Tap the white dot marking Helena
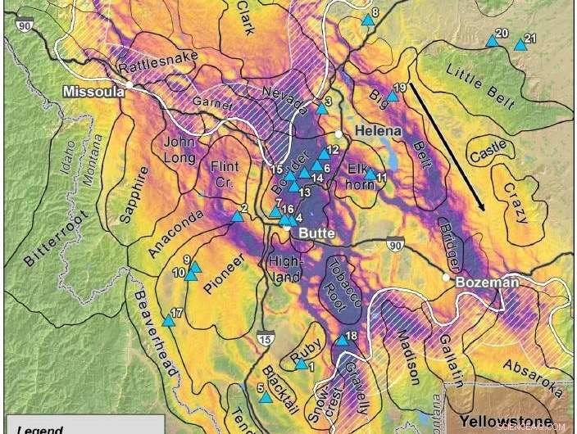338,133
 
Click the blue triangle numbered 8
368,20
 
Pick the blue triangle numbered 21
520,45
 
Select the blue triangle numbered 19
392,95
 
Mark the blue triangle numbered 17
169,320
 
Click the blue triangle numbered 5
266,397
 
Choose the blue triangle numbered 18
342,339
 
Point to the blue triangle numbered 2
237,216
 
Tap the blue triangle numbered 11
370,174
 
